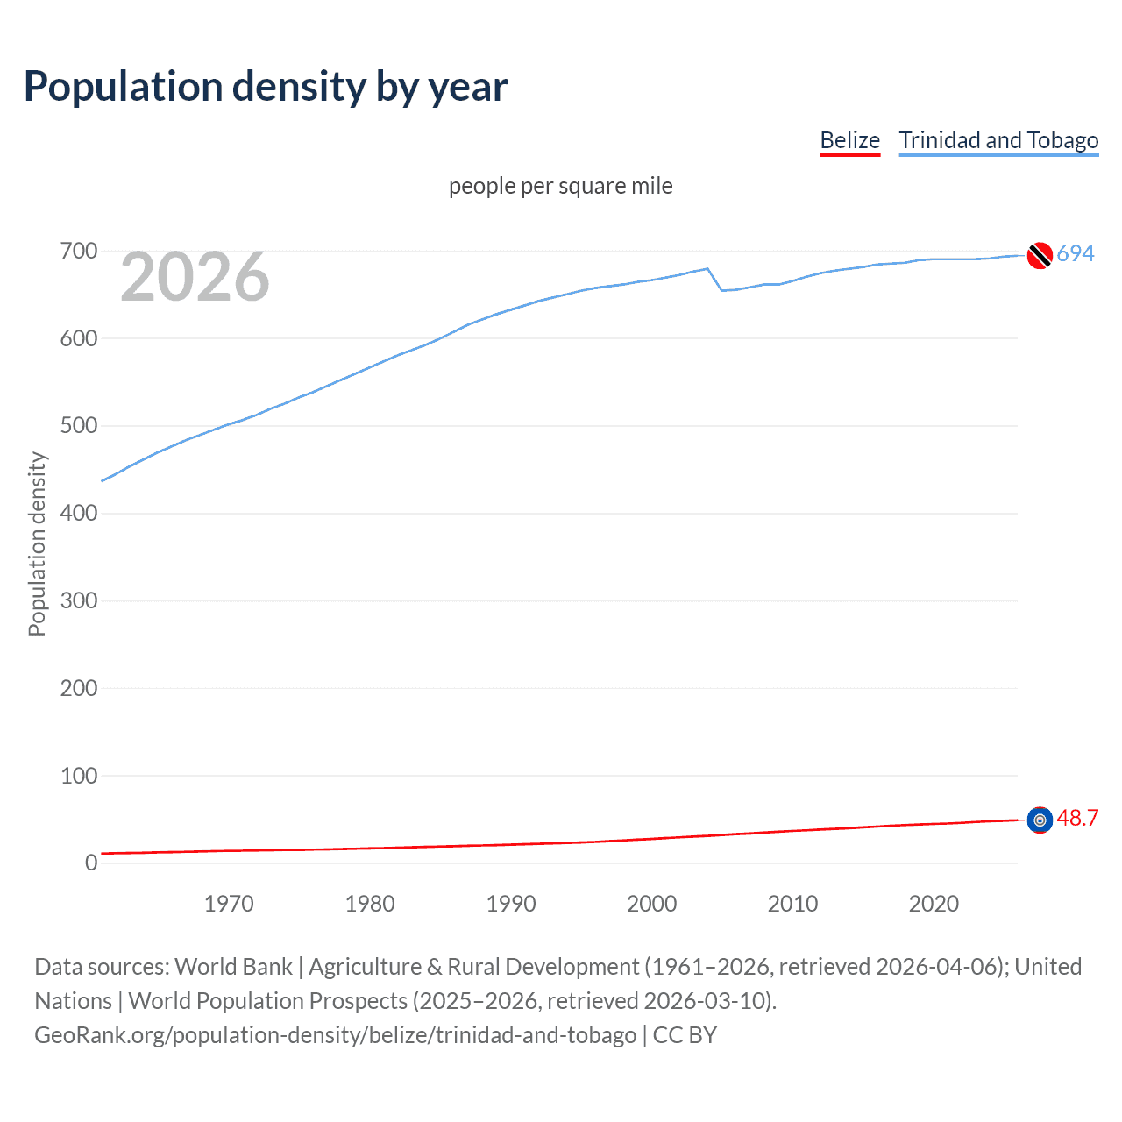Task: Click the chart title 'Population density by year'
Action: point(266,87)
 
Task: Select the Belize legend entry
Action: point(849,140)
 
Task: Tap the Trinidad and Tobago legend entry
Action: point(998,140)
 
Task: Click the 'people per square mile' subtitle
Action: point(560,186)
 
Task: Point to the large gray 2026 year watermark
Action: point(195,277)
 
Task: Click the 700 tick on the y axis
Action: point(79,252)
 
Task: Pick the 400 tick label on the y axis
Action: point(79,514)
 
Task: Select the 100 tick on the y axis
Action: point(79,776)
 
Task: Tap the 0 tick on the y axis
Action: point(91,863)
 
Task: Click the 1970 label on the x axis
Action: point(229,904)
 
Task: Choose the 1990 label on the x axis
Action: point(511,904)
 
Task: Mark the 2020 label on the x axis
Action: point(934,904)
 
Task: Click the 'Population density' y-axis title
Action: point(37,543)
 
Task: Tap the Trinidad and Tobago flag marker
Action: point(1040,255)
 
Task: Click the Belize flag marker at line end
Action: point(1040,820)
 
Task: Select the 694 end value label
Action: point(1076,253)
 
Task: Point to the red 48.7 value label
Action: point(1077,818)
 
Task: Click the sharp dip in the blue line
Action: point(721,289)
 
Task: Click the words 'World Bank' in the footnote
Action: point(233,967)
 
